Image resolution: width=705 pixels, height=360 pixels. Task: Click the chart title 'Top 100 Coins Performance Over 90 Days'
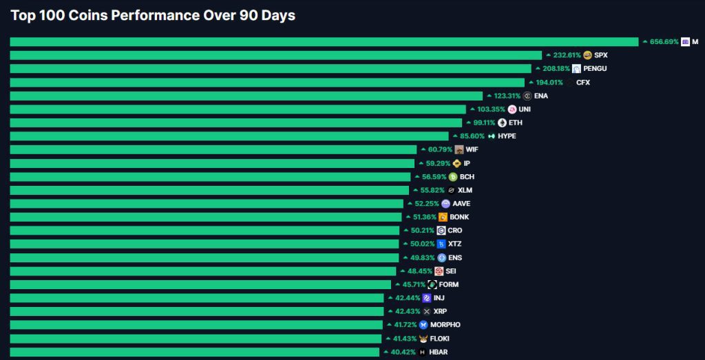(x=153, y=15)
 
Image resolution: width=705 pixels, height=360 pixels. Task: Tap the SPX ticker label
(x=601, y=55)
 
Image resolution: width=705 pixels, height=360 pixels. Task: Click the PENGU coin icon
(x=576, y=69)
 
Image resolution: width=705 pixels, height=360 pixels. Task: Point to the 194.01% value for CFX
(x=549, y=83)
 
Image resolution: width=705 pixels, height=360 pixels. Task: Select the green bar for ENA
(x=246, y=96)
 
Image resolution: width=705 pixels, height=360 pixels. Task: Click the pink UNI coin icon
(x=512, y=109)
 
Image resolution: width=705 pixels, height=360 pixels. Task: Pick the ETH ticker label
(x=516, y=123)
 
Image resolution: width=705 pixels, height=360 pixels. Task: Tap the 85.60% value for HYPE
(x=472, y=136)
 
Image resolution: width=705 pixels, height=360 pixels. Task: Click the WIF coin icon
(x=459, y=149)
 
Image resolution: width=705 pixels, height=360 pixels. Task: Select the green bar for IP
(x=212, y=163)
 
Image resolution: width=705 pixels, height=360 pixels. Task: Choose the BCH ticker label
(x=467, y=177)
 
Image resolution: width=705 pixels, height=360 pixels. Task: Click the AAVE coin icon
(x=445, y=204)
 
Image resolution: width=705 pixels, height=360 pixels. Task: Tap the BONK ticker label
(x=459, y=217)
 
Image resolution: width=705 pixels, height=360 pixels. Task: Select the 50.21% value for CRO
(x=423, y=231)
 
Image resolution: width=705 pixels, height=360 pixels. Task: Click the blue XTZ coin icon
(x=441, y=244)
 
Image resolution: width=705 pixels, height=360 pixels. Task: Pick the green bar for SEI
(x=203, y=271)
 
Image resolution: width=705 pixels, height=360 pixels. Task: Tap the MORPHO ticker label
(x=446, y=325)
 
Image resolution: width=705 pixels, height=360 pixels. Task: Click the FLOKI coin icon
(x=423, y=339)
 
